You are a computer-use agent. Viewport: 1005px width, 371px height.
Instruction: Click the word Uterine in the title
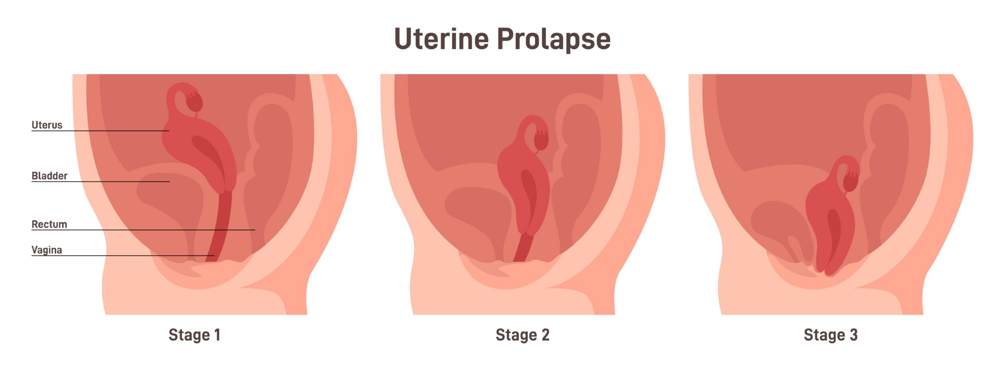pos(441,39)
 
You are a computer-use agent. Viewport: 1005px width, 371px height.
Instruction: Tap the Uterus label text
pos(47,125)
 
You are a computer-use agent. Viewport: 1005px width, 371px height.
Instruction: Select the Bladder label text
pos(49,176)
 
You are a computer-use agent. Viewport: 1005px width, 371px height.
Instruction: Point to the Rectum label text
pos(49,224)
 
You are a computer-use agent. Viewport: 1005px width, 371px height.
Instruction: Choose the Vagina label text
pos(47,250)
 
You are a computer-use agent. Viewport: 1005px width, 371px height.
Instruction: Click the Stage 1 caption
pos(194,335)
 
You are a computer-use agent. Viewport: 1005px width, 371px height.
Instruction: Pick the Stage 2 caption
pos(523,335)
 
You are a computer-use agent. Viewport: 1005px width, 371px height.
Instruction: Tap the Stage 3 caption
pos(831,335)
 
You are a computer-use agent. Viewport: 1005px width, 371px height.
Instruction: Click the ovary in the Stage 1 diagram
pos(194,102)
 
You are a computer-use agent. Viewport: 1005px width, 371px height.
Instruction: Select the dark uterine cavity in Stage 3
pos(833,236)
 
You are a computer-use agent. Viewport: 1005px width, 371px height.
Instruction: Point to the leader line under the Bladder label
pos(100,182)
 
